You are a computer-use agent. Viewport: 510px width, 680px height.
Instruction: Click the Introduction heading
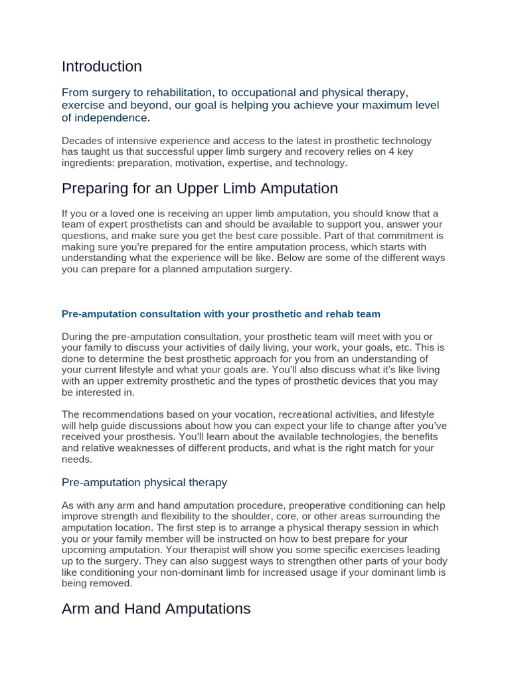pyautogui.click(x=102, y=66)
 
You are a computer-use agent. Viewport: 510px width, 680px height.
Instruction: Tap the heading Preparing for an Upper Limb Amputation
pyautogui.click(x=199, y=189)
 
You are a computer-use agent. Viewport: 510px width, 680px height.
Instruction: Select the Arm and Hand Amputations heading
pyautogui.click(x=156, y=608)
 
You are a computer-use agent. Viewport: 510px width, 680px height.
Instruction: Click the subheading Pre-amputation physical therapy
pyautogui.click(x=144, y=482)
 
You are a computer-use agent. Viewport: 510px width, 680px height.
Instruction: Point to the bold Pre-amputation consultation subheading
pyautogui.click(x=220, y=313)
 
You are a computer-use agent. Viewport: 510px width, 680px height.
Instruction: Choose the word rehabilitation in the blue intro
pyautogui.click(x=184, y=93)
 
